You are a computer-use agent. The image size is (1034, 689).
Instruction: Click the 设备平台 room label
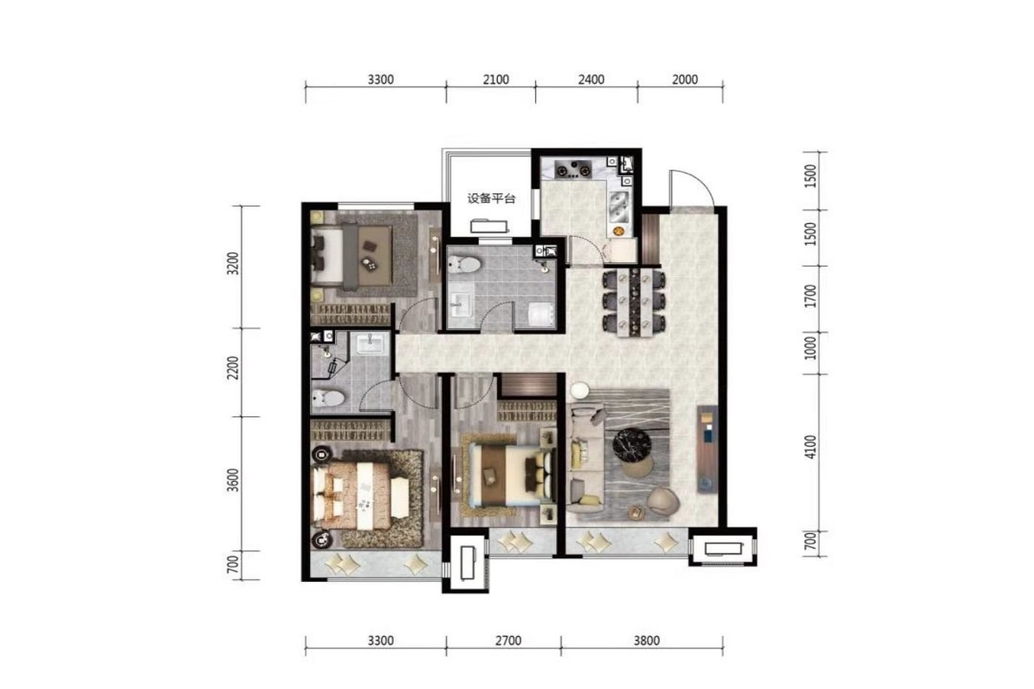pyautogui.click(x=491, y=199)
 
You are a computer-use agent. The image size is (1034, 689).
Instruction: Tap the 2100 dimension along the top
pyautogui.click(x=496, y=80)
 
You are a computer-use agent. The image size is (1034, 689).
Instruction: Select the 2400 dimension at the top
pyautogui.click(x=591, y=80)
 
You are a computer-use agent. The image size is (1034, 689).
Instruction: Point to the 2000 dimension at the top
pyautogui.click(x=685, y=80)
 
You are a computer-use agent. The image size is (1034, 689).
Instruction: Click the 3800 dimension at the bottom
pyautogui.click(x=646, y=640)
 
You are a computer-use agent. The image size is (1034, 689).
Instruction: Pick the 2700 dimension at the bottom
pyautogui.click(x=508, y=640)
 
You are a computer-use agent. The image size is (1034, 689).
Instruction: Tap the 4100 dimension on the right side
pyautogui.click(x=810, y=447)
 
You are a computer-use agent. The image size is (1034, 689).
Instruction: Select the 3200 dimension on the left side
pyautogui.click(x=233, y=264)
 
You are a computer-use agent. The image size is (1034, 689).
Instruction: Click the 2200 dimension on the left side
pyautogui.click(x=233, y=368)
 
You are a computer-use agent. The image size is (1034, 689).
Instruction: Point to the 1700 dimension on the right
pyautogui.click(x=810, y=296)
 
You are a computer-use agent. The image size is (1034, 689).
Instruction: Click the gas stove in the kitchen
pyautogui.click(x=573, y=168)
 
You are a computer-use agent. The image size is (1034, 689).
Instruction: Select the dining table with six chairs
pyautogui.click(x=634, y=304)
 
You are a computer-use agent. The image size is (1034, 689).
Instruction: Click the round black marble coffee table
pyautogui.click(x=632, y=445)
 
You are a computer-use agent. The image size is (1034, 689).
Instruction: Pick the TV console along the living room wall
pyautogui.click(x=708, y=449)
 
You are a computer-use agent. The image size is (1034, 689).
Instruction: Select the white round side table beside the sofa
pyautogui.click(x=579, y=391)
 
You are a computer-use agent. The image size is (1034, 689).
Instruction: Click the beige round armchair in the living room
pyautogui.click(x=663, y=501)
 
